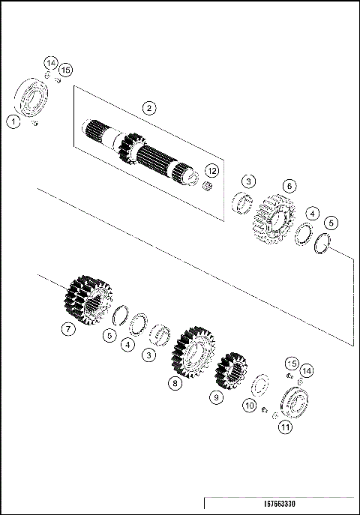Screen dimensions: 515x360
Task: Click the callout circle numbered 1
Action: (13, 121)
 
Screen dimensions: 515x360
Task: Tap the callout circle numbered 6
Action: (289, 185)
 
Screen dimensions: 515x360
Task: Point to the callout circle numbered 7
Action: (68, 328)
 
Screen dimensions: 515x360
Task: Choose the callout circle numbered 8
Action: (175, 384)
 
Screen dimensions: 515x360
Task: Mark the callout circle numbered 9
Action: (217, 398)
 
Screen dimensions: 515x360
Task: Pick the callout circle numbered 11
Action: (285, 427)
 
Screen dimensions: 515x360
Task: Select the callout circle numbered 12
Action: (211, 172)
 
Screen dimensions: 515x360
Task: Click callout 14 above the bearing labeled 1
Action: (50, 61)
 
